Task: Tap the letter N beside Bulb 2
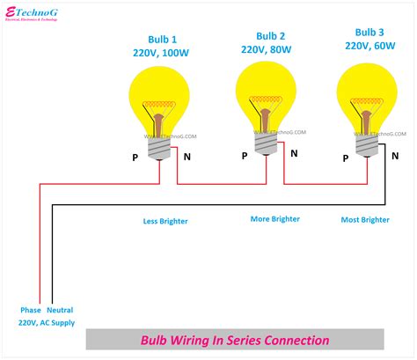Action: (293, 152)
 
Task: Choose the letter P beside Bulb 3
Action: (345, 156)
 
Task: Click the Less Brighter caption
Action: (165, 221)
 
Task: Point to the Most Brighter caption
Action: (366, 220)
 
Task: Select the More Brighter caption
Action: (274, 219)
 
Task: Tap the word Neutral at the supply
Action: (61, 311)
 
